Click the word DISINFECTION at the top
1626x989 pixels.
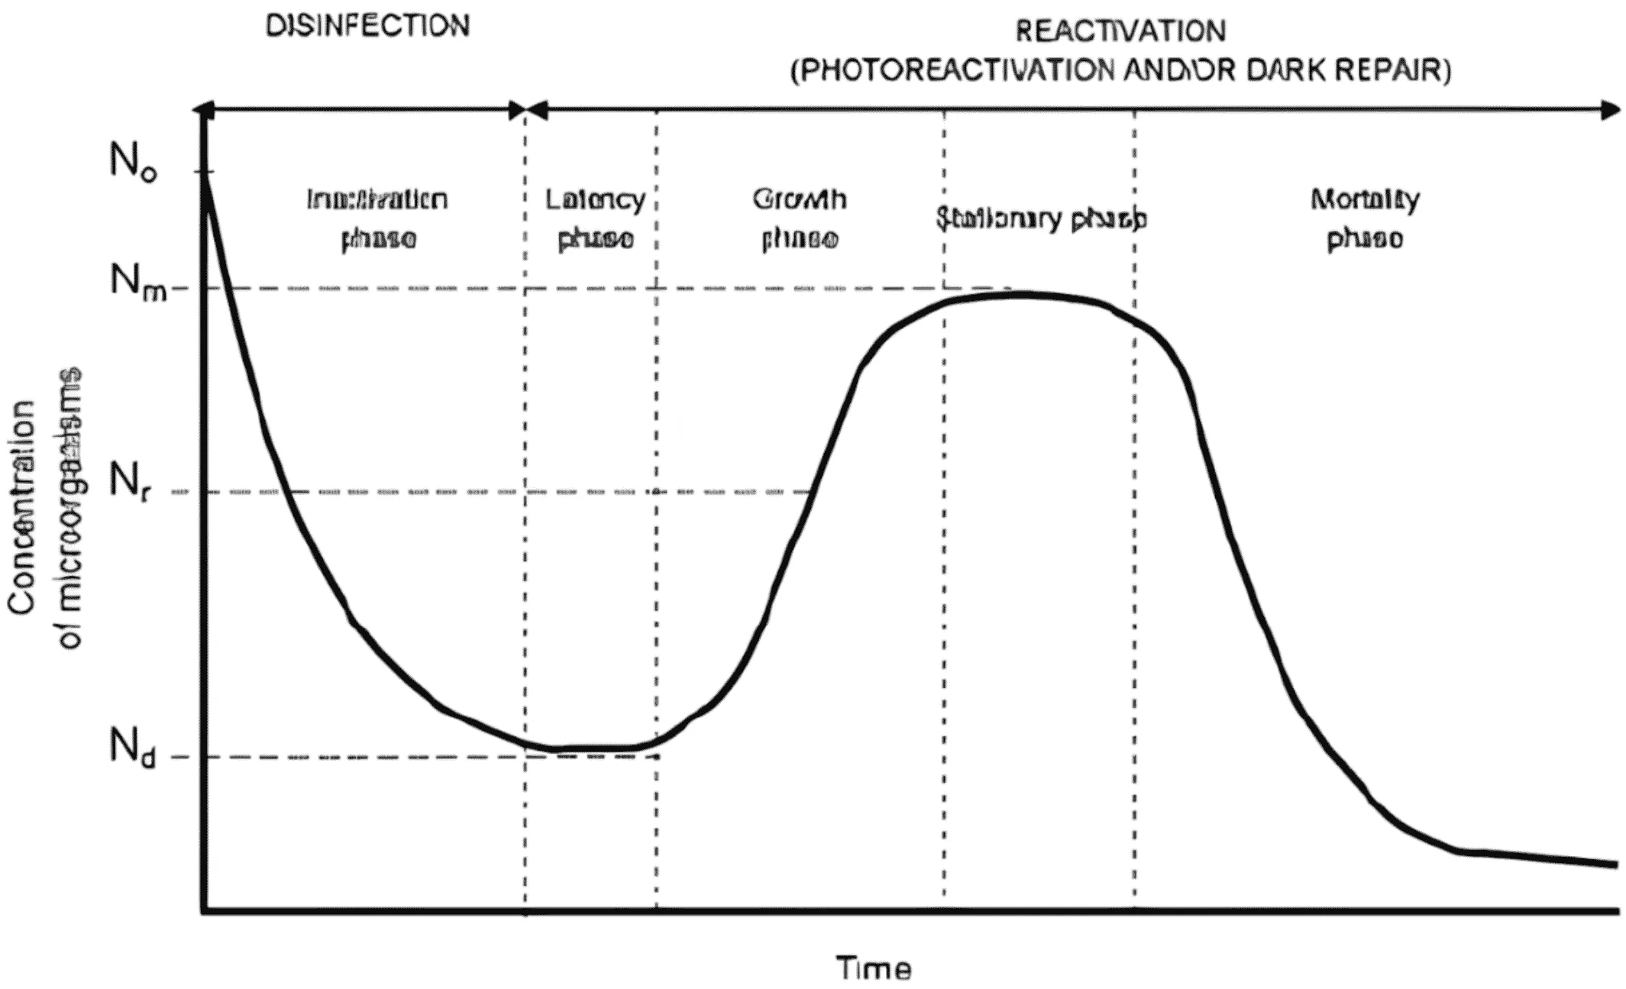coord(367,26)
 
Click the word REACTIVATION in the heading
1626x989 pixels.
coord(1120,31)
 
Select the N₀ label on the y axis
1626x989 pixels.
coord(134,162)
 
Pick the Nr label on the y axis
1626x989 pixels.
coord(130,483)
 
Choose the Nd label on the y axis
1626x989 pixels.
coord(133,746)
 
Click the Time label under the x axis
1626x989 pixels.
coord(874,968)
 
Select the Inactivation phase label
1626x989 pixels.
coord(377,219)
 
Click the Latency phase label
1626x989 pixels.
coord(595,219)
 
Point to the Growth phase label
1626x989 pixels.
coord(800,219)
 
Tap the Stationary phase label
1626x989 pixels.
coord(1041,219)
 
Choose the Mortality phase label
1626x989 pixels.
coord(1365,219)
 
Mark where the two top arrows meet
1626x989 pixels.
coord(525,110)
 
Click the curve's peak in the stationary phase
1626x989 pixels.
coord(1020,294)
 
